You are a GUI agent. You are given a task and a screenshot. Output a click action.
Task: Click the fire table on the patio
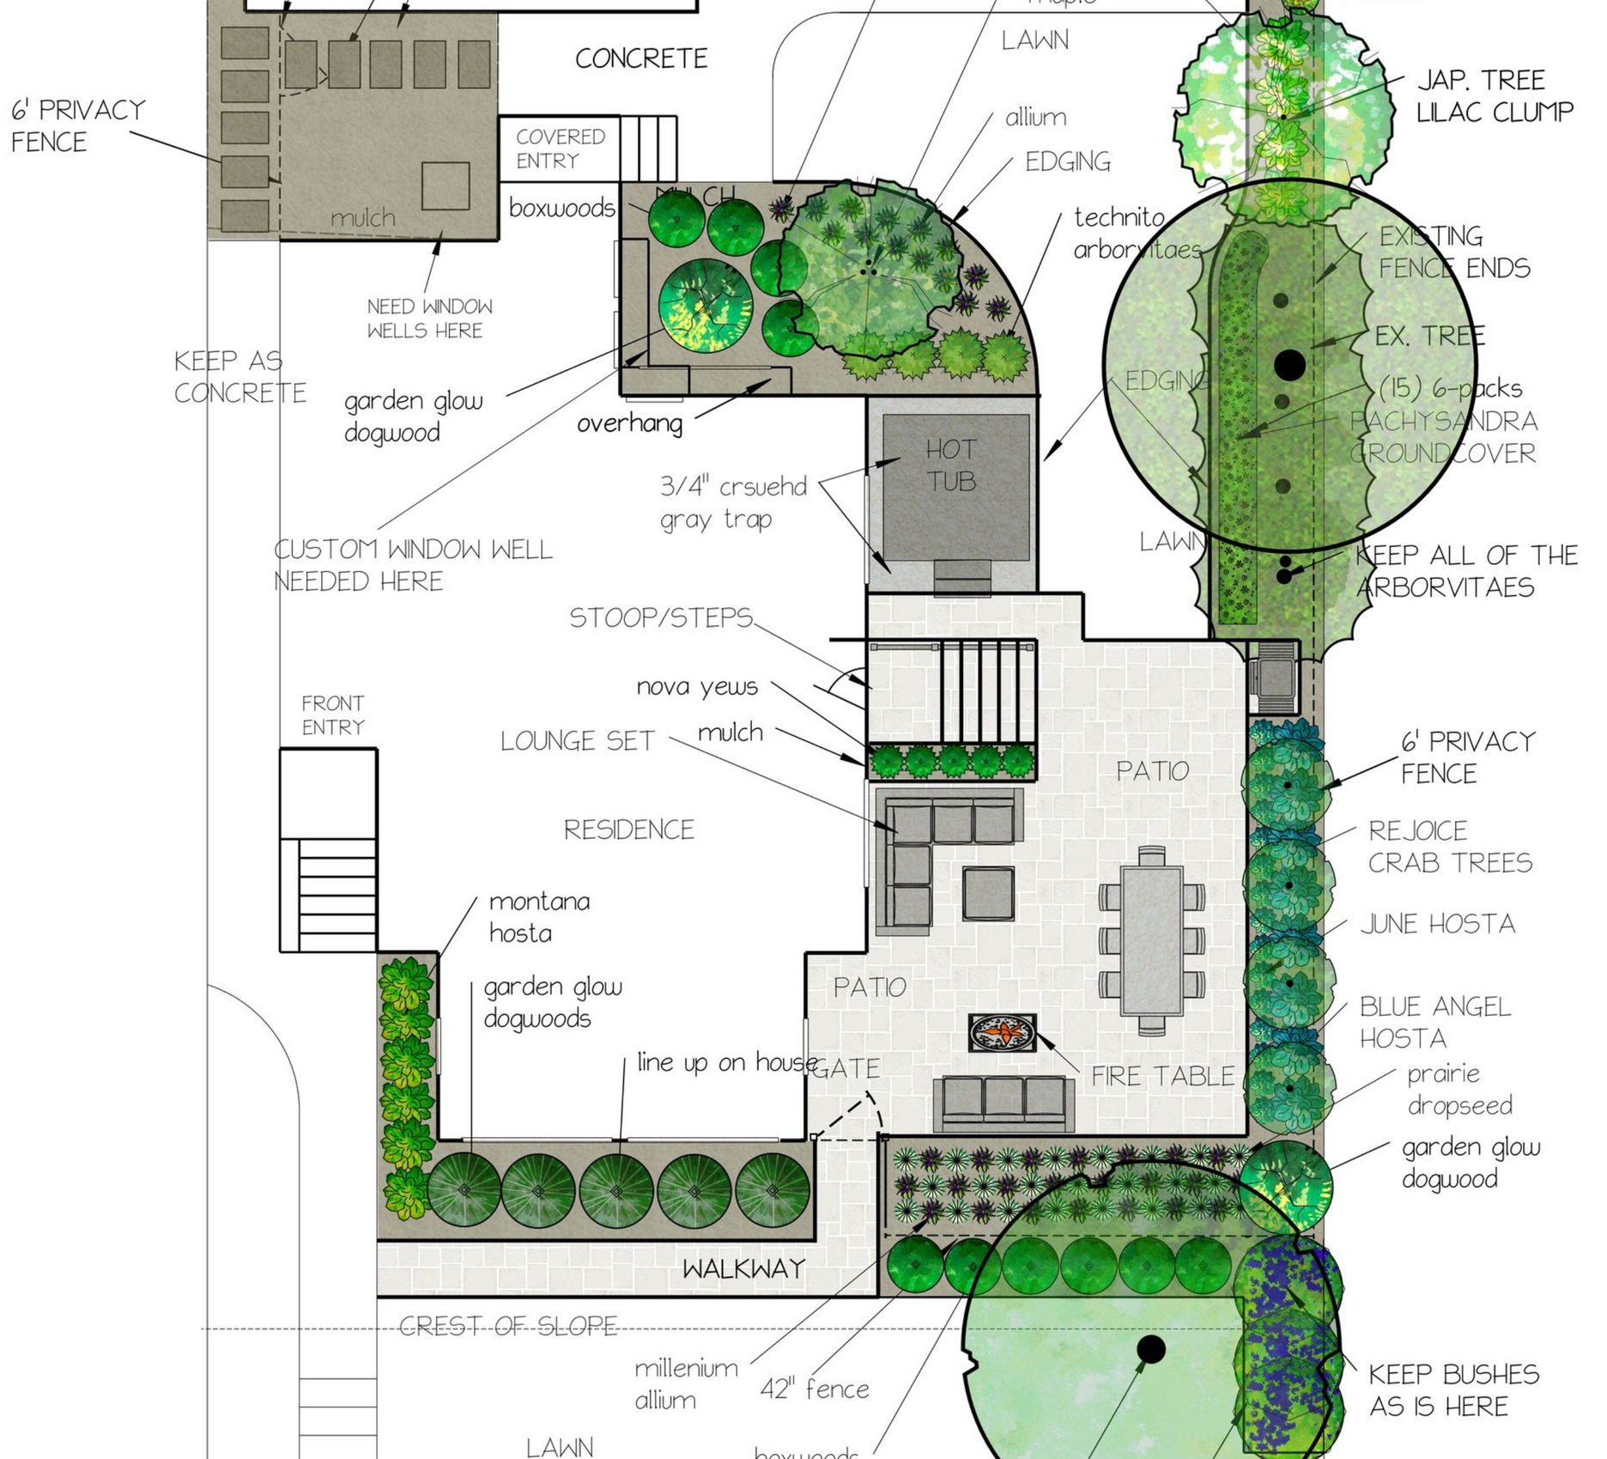click(x=1002, y=1032)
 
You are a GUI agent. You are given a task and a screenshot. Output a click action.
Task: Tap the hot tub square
click(x=955, y=487)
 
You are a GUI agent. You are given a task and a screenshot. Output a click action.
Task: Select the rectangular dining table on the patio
click(x=1151, y=940)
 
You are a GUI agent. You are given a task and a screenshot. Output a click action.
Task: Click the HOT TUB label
click(x=951, y=465)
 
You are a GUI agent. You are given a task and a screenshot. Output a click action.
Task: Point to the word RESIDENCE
click(x=628, y=830)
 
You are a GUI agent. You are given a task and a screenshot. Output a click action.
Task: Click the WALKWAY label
click(x=743, y=1268)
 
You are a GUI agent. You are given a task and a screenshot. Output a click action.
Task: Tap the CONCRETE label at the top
click(x=641, y=58)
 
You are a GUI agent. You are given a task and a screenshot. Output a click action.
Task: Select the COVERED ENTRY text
click(x=560, y=149)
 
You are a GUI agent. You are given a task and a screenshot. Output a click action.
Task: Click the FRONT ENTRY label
click(x=333, y=715)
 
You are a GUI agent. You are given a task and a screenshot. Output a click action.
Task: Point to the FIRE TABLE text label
click(x=1162, y=1076)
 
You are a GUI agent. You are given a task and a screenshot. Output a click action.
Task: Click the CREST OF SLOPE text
click(x=508, y=1327)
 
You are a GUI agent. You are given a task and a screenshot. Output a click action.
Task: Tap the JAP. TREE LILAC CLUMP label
click(x=1495, y=95)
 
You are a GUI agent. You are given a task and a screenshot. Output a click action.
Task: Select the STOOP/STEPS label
click(x=661, y=617)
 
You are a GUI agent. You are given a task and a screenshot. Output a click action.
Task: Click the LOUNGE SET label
click(x=577, y=741)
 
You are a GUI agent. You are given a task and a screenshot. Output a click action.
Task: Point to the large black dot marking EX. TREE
click(x=1289, y=365)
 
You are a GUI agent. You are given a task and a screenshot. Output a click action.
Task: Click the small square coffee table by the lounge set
click(x=988, y=894)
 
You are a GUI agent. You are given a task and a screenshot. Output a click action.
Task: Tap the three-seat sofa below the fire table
click(x=1003, y=1103)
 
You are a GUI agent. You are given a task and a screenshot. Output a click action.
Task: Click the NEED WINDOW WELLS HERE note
click(x=429, y=319)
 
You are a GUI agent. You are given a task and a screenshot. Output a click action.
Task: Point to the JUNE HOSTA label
click(x=1438, y=924)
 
